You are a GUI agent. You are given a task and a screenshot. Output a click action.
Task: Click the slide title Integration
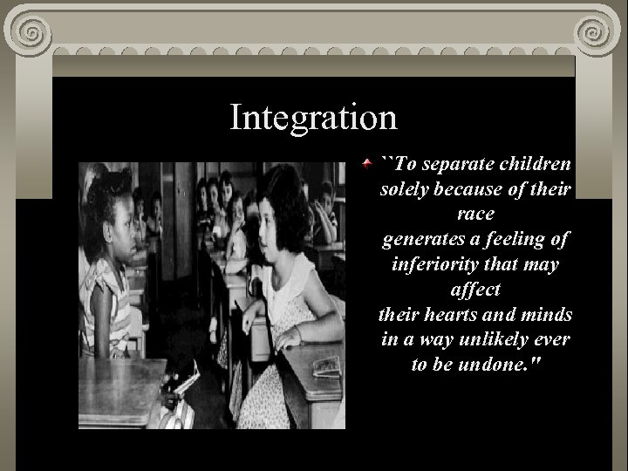click(313, 117)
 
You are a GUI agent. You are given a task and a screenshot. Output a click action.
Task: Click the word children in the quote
click(539, 164)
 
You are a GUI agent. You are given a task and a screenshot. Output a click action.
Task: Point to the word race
click(475, 213)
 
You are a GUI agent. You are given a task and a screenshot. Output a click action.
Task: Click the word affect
click(475, 288)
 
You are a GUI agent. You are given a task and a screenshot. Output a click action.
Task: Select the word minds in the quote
click(548, 313)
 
